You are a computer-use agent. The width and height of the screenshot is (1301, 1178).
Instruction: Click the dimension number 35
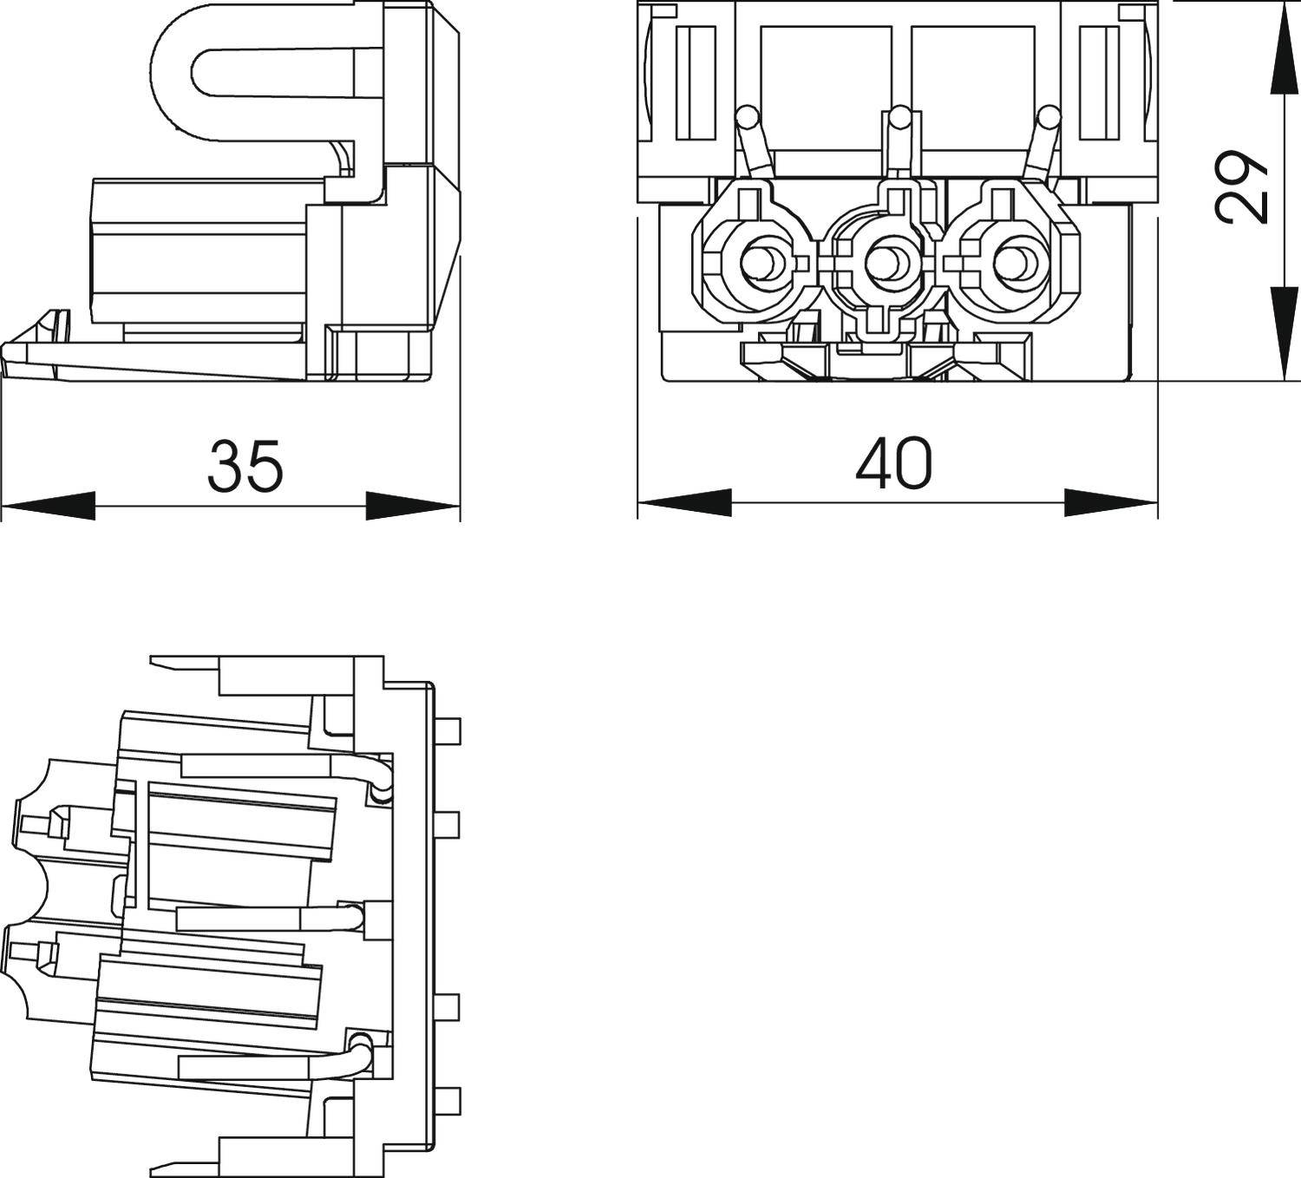coord(245,466)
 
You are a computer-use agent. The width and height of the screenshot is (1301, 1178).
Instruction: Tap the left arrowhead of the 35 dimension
coord(49,506)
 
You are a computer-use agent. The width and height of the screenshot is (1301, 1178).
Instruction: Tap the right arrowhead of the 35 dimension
coord(412,506)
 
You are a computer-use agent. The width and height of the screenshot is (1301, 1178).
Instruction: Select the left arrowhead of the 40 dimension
coord(684,502)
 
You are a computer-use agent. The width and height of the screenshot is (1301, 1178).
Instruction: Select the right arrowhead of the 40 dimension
coord(1111,502)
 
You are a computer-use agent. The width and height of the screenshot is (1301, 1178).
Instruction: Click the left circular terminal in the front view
coord(762,260)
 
